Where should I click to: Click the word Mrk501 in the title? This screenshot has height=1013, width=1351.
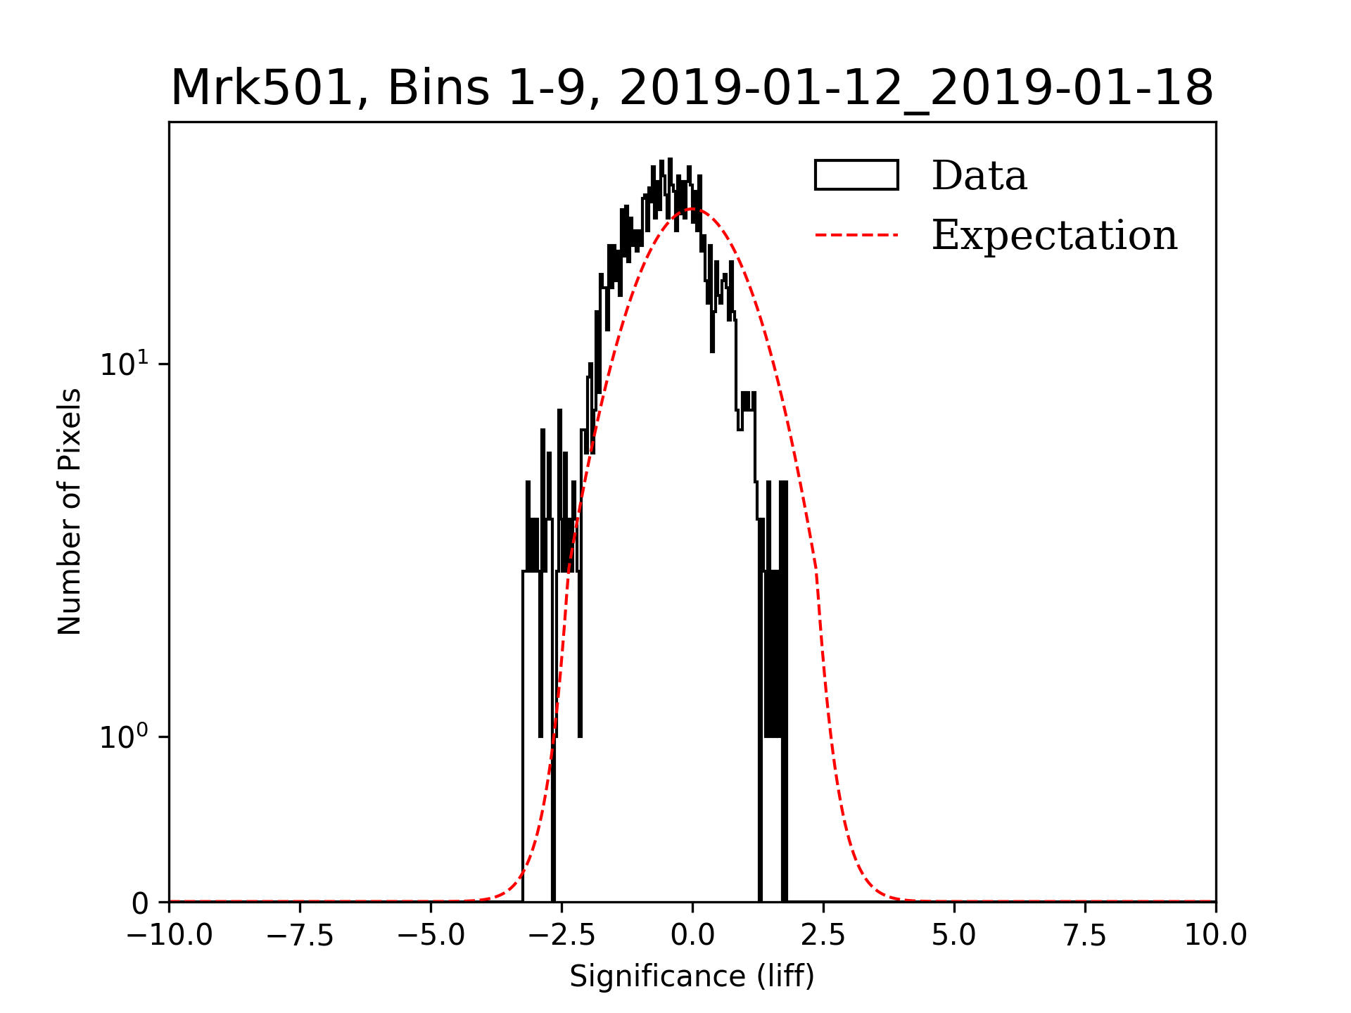260,89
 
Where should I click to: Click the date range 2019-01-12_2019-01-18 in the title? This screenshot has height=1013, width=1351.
916,89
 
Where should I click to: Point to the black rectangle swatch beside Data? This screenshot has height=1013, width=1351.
856,175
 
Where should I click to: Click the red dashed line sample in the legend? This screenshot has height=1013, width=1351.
856,235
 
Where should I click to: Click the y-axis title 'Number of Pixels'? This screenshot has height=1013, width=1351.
69,511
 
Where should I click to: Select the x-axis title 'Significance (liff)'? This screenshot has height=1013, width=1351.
692,976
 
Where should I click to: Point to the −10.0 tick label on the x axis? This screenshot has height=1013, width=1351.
169,936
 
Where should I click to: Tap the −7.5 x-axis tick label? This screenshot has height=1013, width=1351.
300,936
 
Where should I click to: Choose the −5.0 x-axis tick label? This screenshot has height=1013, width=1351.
431,936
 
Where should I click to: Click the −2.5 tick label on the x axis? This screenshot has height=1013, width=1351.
562,936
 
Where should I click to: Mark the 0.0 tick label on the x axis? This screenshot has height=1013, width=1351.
692,936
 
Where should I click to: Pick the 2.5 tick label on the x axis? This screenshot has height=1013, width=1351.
823,936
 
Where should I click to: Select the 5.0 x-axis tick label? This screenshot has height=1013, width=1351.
954,936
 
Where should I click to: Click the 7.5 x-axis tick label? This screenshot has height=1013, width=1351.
1085,936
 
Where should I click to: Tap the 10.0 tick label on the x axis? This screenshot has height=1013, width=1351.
1215,936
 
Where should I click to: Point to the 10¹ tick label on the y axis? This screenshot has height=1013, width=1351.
125,364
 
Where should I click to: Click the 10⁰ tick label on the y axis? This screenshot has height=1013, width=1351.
125,737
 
